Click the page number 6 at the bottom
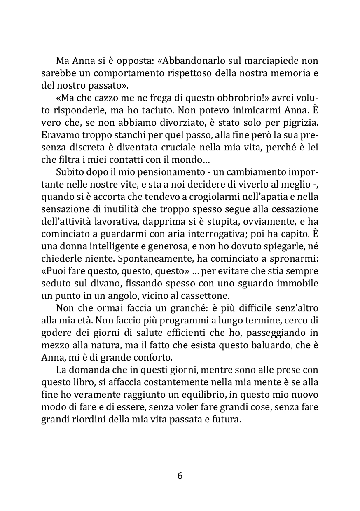[x=180, y=476]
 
